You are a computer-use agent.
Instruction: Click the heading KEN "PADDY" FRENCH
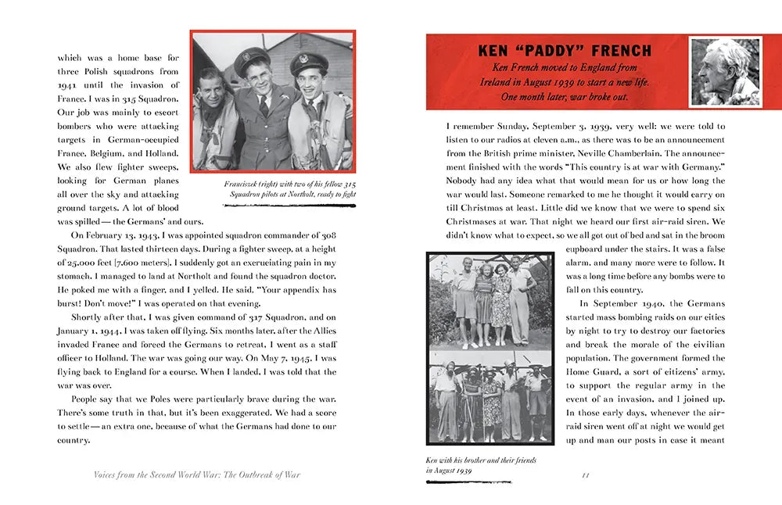[564, 51]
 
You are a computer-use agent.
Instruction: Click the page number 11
[586, 474]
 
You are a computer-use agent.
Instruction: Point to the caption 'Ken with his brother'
[481, 465]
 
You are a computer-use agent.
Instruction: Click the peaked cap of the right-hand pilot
[309, 61]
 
